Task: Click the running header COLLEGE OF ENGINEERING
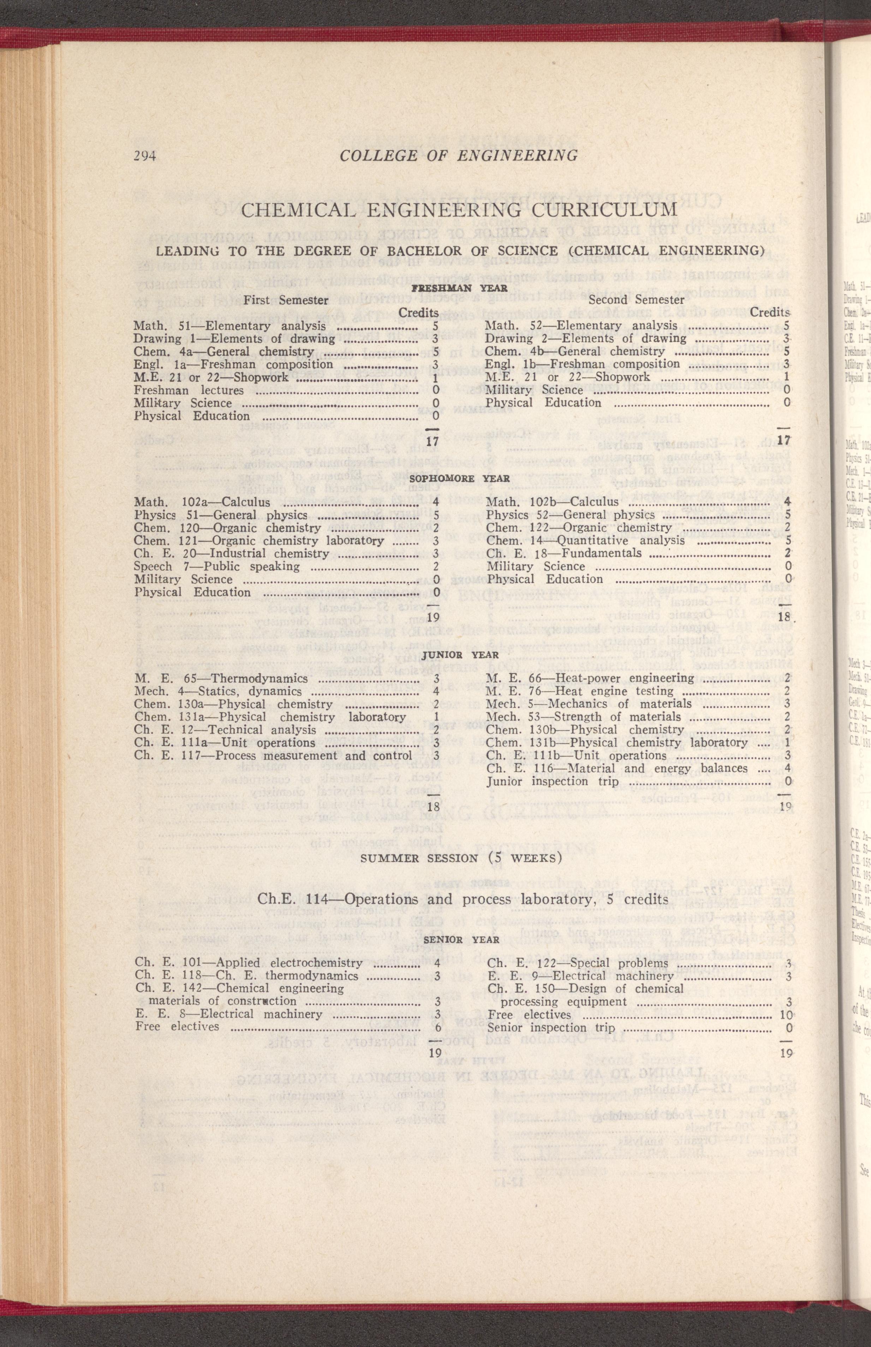tap(459, 155)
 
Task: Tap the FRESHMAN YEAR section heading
tap(459, 288)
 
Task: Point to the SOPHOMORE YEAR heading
tap(459, 478)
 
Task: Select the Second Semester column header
tap(636, 300)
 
